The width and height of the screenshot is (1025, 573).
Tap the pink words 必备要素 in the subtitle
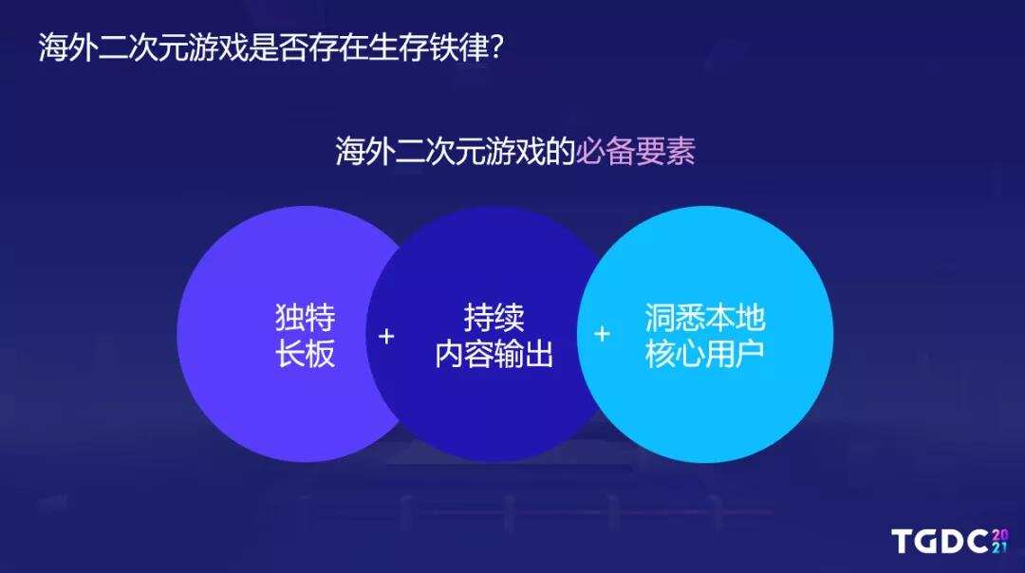coord(635,152)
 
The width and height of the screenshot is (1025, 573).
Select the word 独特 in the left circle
coord(306,318)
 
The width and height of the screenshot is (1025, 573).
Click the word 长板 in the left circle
coord(306,354)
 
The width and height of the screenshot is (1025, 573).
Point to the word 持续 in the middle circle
coord(494,318)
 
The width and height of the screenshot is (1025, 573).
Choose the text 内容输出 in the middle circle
coord(494,354)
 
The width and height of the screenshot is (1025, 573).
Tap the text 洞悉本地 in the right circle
coord(705,318)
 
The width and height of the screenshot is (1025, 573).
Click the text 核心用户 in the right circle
coord(705,354)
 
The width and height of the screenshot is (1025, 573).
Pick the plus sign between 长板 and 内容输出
coord(386,336)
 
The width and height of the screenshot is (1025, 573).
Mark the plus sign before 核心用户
coord(602,334)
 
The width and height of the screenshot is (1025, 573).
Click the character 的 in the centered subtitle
coord(560,152)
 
